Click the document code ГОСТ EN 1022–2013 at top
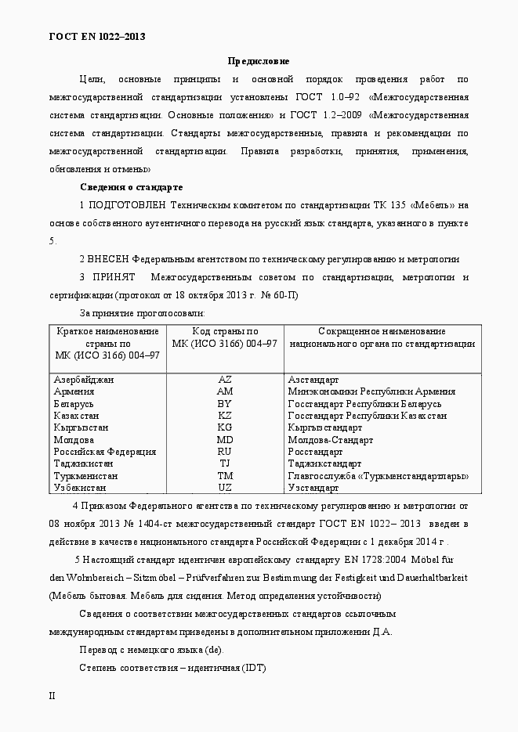97,36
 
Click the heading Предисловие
259,60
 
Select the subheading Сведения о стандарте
131,187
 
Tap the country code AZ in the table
225,380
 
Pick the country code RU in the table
225,452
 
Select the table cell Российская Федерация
104,452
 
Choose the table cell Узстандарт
313,488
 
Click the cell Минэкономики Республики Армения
371,391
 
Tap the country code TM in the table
225,476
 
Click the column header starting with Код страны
225,337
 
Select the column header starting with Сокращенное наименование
382,337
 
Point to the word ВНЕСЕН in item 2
109,259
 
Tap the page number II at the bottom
53,695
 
